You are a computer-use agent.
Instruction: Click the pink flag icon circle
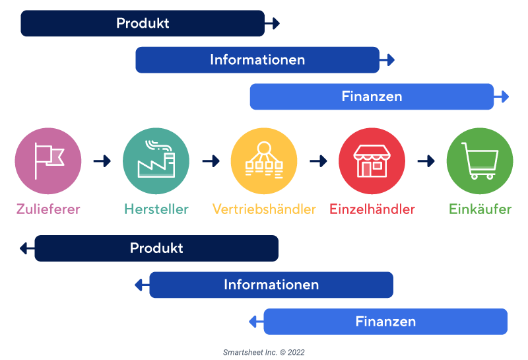48,161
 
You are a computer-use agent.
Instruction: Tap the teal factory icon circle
156,161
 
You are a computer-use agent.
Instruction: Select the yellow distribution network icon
264,161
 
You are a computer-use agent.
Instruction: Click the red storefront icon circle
372,161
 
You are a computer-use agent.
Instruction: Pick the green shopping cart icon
480,161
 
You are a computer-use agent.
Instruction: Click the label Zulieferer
48,209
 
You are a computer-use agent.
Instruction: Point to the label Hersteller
156,209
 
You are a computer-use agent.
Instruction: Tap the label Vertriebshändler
264,209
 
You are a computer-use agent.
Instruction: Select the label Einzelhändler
372,209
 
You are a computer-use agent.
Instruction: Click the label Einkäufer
480,209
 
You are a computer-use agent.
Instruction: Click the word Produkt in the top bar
143,23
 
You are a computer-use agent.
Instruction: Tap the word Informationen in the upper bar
257,60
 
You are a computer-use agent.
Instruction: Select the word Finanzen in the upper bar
372,96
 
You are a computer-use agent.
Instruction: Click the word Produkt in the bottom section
156,248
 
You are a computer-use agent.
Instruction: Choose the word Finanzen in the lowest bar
385,322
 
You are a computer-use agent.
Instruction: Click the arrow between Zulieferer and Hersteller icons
102,161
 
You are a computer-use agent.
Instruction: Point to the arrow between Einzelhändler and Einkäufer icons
426,161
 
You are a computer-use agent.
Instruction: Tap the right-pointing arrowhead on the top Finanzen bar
504,96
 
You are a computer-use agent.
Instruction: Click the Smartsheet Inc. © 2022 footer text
264,353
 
